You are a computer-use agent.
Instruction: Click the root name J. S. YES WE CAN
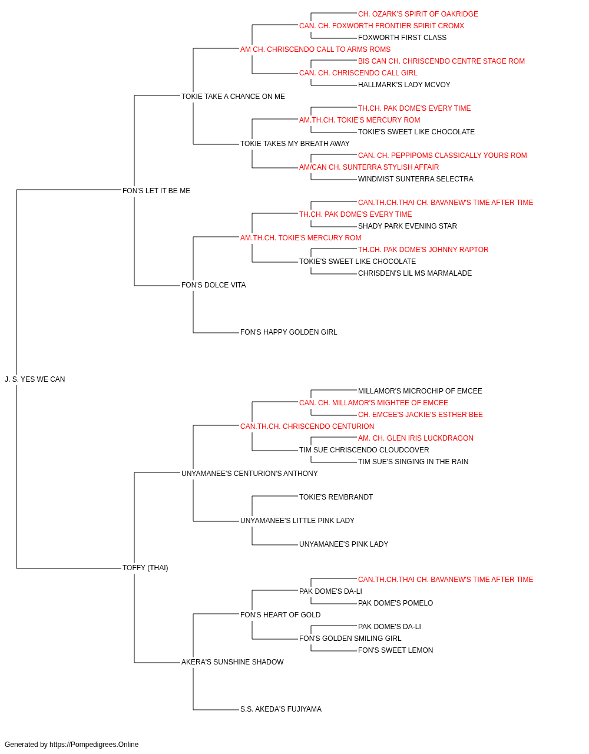(x=35, y=379)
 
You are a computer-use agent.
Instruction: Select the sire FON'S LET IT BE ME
(x=156, y=190)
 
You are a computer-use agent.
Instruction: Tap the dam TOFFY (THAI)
(x=145, y=567)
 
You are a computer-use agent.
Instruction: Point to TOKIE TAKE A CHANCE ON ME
(x=233, y=97)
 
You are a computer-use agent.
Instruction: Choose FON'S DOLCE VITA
(x=213, y=285)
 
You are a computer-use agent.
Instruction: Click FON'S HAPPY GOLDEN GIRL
(x=288, y=332)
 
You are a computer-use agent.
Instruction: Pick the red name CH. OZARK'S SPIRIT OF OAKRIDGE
(x=418, y=14)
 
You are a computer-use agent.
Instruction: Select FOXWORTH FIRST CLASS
(x=402, y=38)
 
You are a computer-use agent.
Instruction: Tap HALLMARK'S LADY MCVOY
(x=404, y=85)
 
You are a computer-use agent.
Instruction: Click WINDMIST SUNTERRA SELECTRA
(x=415, y=178)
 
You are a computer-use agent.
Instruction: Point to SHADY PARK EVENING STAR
(x=407, y=226)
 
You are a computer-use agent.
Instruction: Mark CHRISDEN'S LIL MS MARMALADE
(x=415, y=273)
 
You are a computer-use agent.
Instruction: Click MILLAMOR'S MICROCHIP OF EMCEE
(x=420, y=391)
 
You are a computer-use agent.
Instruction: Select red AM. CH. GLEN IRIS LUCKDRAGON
(x=416, y=438)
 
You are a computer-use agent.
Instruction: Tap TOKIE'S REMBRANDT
(x=336, y=497)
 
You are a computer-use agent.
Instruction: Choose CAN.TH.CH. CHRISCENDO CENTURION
(x=307, y=426)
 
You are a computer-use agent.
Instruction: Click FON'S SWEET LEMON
(x=395, y=650)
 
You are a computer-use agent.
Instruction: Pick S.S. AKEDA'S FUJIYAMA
(x=280, y=709)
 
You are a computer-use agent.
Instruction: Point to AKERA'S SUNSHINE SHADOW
(x=232, y=662)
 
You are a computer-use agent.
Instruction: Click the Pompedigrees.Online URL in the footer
(x=94, y=745)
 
